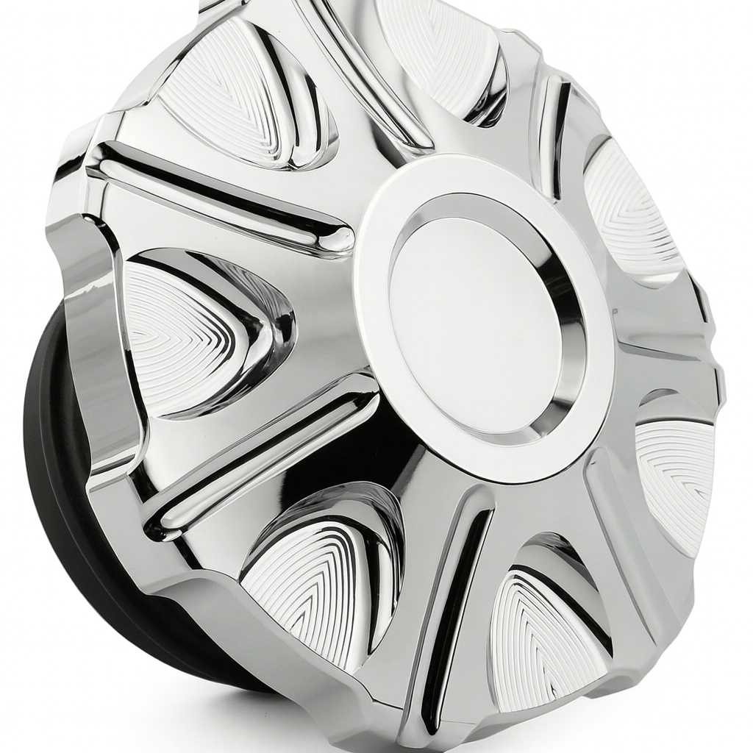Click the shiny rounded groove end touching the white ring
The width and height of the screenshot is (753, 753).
338,239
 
